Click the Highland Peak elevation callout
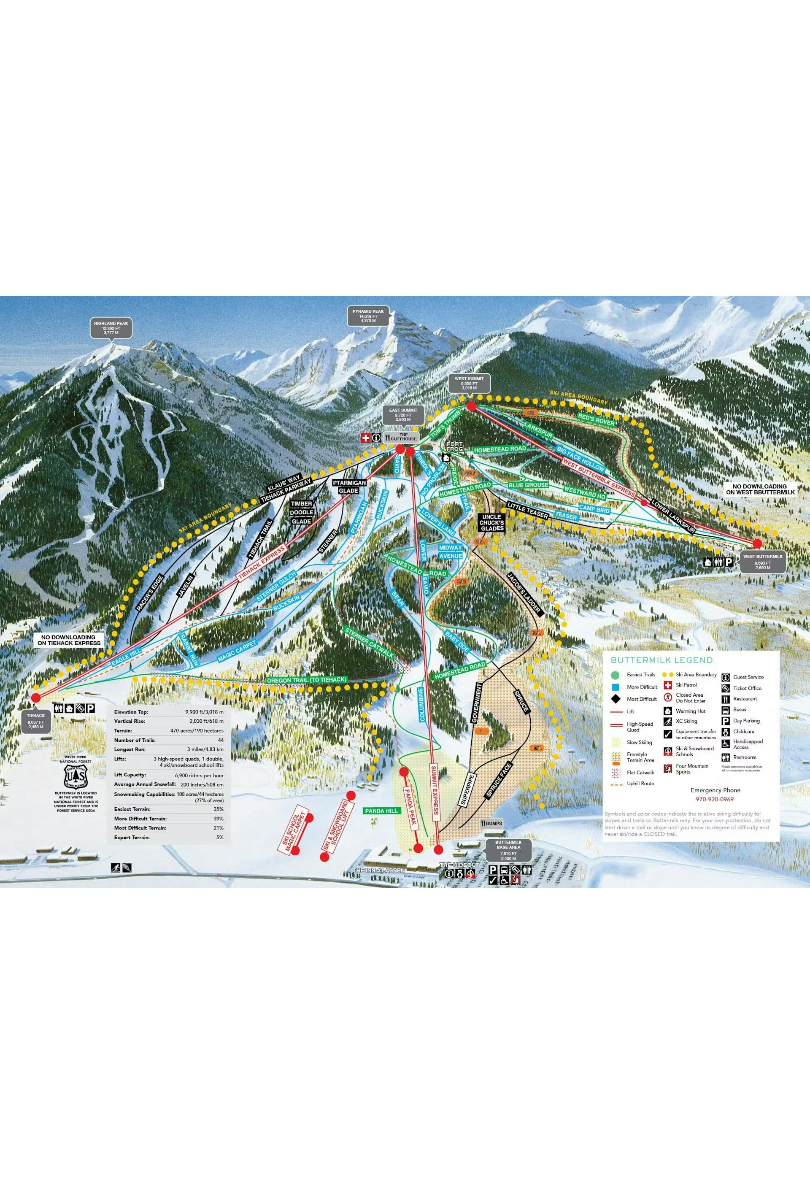pos(111,328)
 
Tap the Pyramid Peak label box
pos(368,316)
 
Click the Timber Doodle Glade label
pos(301,512)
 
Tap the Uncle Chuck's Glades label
pos(491,523)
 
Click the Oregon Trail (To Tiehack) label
pos(307,680)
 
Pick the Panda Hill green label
pos(381,811)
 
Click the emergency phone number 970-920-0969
pos(715,799)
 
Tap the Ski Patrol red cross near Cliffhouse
pos(365,438)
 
